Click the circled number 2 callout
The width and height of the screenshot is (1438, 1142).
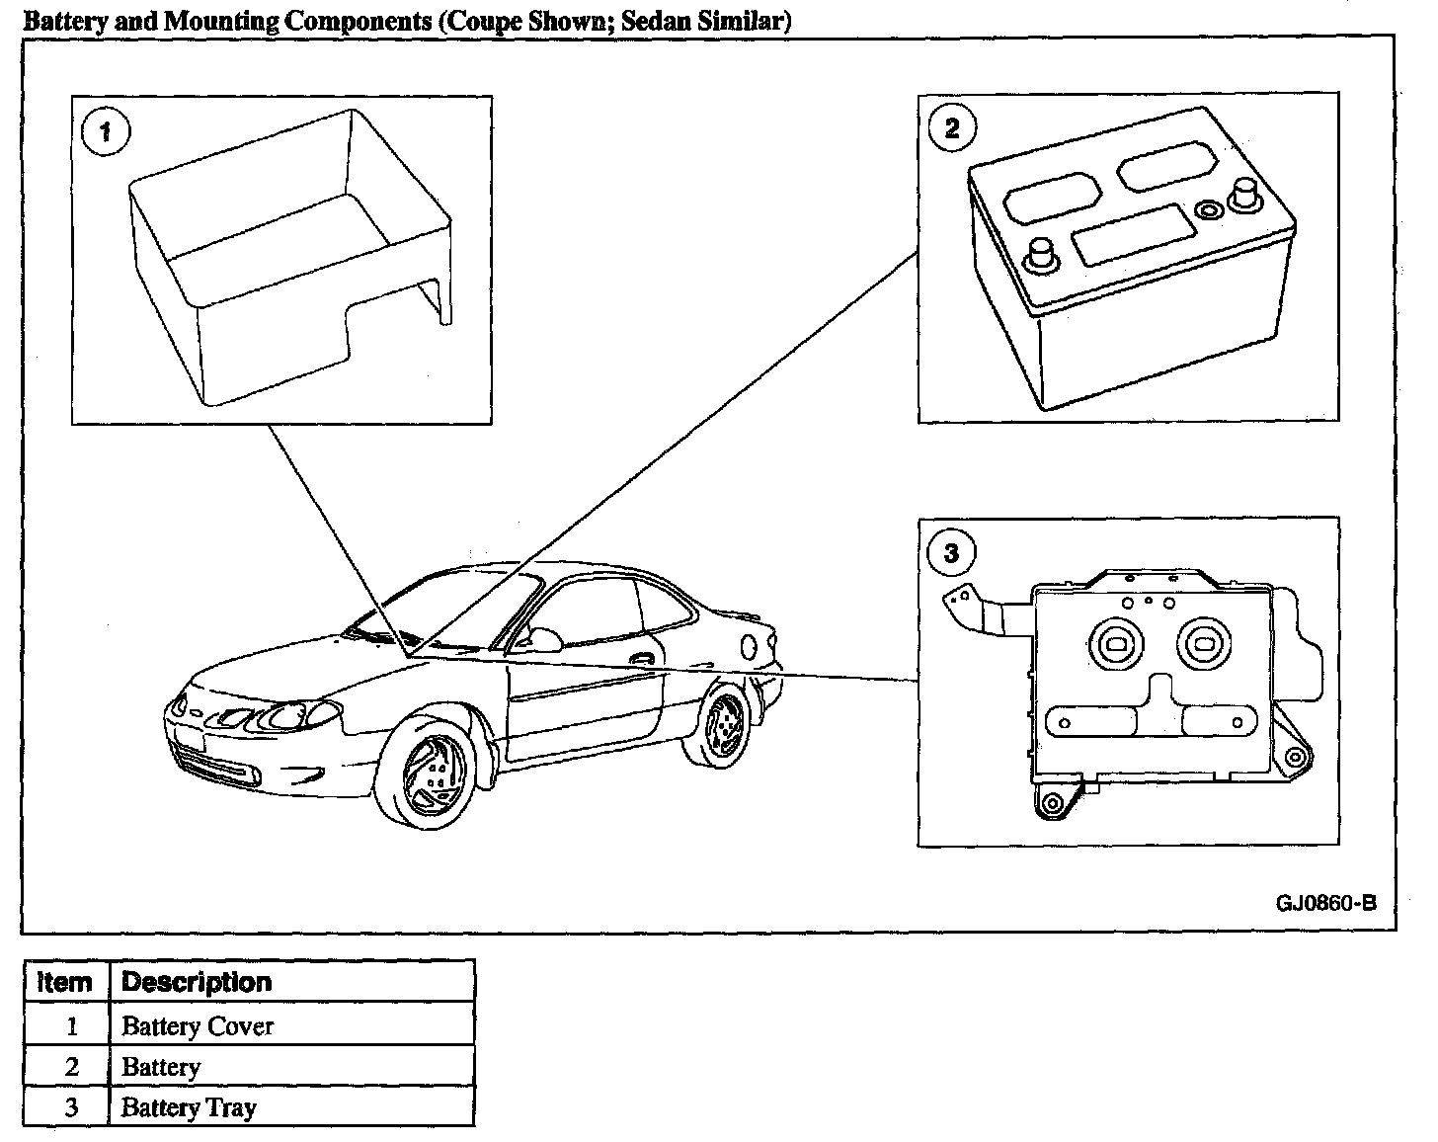pyautogui.click(x=951, y=128)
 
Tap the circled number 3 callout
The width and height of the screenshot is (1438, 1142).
pyautogui.click(x=951, y=553)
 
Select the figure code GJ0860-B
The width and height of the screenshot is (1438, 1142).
pyautogui.click(x=1324, y=903)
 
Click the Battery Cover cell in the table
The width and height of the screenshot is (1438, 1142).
pyautogui.click(x=197, y=1025)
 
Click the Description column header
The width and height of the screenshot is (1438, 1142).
pyautogui.click(x=196, y=982)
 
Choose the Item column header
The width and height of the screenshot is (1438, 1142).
pyautogui.click(x=65, y=982)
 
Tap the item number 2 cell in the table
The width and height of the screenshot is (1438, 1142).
pyautogui.click(x=70, y=1067)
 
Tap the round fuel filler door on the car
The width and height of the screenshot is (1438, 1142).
pyautogui.click(x=750, y=647)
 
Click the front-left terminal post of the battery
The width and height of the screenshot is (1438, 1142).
pyautogui.click(x=1039, y=254)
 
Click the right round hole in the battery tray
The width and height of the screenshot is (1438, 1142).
pyautogui.click(x=1205, y=643)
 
